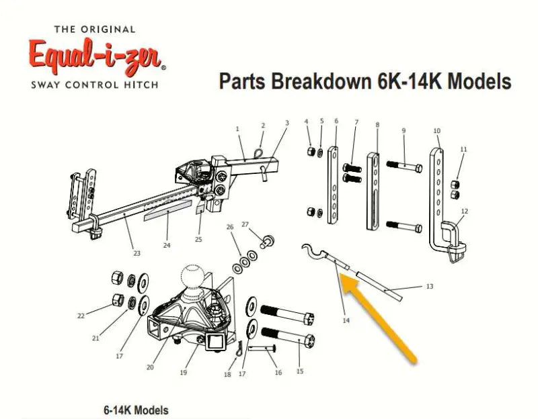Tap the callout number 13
tap(430, 287)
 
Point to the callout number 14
tap(346, 321)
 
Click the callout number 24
tap(167, 245)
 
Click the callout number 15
tap(299, 371)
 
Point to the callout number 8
tap(377, 125)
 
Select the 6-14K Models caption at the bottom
tap(136, 410)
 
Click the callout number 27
tap(245, 224)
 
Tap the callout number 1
tap(237, 128)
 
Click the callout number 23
tap(137, 253)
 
